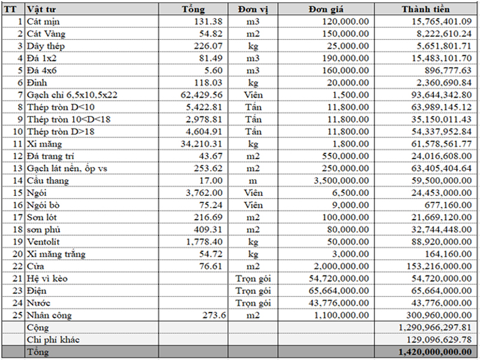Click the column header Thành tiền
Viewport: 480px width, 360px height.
pyautogui.click(x=425, y=9)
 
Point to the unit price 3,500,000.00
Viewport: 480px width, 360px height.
pyautogui.click(x=340, y=181)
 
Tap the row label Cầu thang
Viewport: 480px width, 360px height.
pyautogui.click(x=48, y=181)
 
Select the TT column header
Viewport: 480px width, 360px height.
pyautogui.click(x=12, y=9)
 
